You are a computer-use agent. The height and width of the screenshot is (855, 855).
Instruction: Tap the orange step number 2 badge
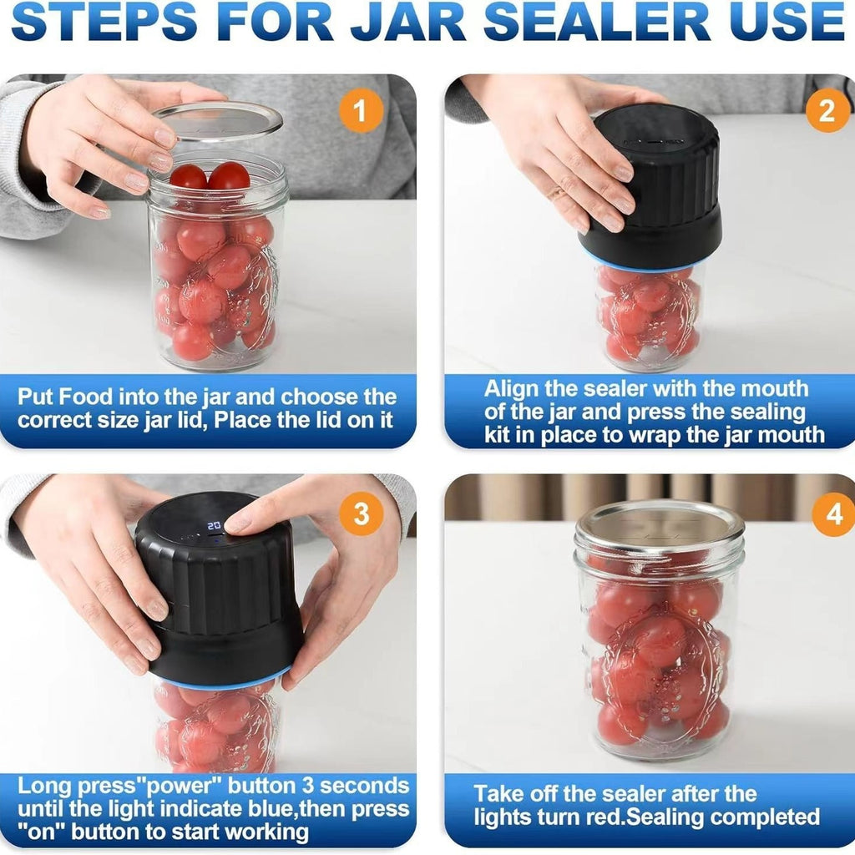827,111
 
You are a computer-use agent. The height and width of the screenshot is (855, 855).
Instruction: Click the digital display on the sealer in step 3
215,525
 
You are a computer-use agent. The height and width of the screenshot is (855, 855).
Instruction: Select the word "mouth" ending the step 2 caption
787,434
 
